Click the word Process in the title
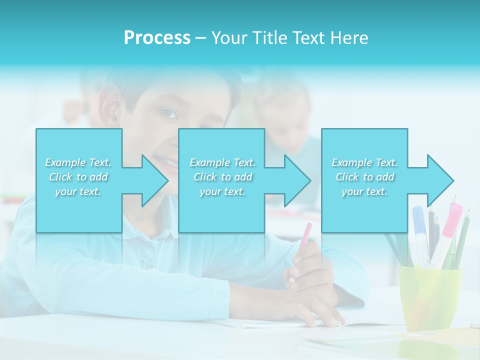[157, 38]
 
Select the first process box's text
[78, 176]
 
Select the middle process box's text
[222, 176]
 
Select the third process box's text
[364, 176]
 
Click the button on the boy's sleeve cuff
[148, 265]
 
